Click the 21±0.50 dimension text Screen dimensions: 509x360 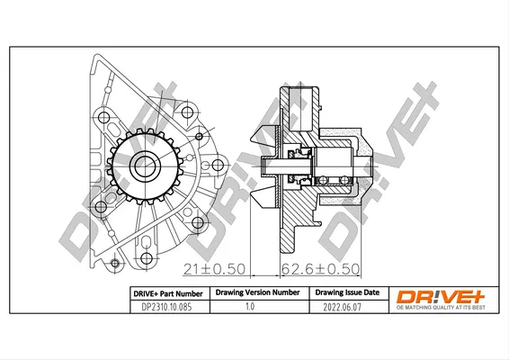[x=214, y=269]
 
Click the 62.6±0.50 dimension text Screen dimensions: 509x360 [x=321, y=269]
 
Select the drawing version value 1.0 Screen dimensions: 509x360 [x=250, y=306]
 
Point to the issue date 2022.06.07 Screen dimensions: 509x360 [x=342, y=307]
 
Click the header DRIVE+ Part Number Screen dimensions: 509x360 [x=168, y=293]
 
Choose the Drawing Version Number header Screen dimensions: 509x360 [x=258, y=292]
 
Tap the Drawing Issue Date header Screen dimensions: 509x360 [x=347, y=292]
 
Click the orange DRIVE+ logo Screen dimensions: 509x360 [x=441, y=297]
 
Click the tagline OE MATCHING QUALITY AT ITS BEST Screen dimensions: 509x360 [x=441, y=308]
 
